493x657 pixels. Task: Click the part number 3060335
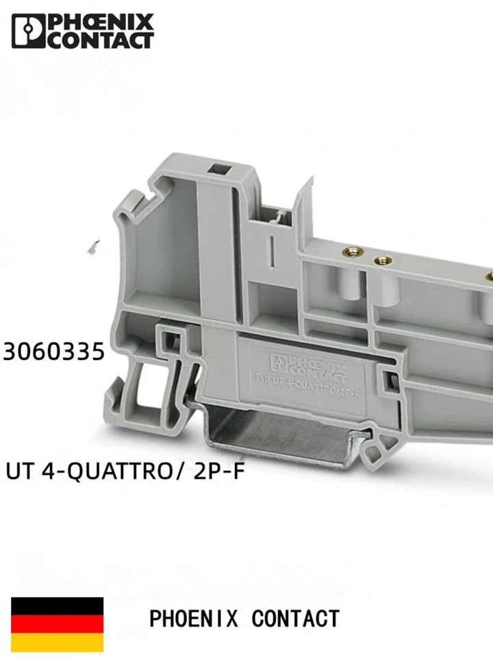[55, 352]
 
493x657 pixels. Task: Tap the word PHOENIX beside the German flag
[193, 619]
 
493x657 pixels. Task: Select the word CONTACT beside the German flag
[295, 619]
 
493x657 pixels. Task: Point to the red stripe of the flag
[58, 623]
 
